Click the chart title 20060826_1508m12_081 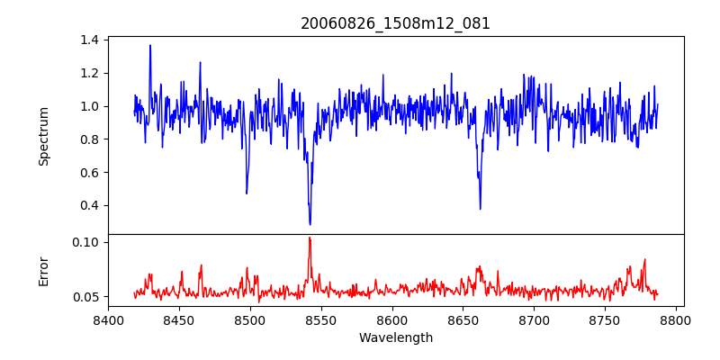pos(395,23)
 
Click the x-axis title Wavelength pos(395,337)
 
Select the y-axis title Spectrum pos(44,136)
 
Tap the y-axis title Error pos(44,271)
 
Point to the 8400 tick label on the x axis pos(108,319)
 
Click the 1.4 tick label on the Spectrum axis pos(89,40)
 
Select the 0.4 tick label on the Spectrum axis pos(89,205)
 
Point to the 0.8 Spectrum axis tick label pos(89,139)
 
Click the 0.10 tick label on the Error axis pos(85,242)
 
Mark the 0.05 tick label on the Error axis pos(85,297)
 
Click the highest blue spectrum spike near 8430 pos(150,45)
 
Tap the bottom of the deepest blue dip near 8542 pos(310,224)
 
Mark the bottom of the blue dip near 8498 pos(247,193)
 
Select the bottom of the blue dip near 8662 pos(480,209)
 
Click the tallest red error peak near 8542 pos(310,238)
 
